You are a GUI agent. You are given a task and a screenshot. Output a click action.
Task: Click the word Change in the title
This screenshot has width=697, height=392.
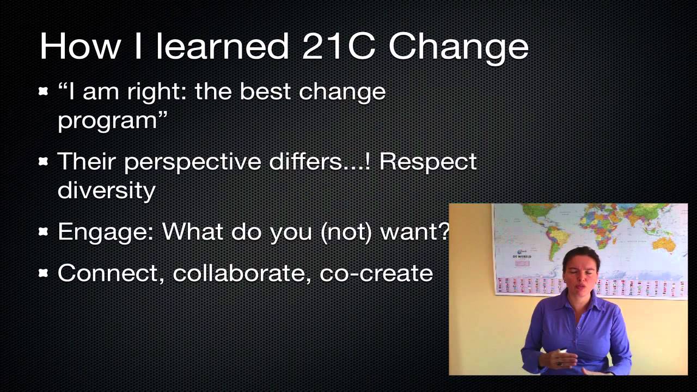458,46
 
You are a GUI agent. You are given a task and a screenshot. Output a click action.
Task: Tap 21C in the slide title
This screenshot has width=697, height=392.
338,46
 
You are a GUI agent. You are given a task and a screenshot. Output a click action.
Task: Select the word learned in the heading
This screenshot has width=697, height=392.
222,46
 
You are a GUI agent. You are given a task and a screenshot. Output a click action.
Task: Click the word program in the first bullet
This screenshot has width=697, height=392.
107,120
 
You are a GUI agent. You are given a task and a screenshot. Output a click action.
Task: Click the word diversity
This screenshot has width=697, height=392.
106,191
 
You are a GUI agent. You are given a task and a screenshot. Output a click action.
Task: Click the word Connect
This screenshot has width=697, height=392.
111,273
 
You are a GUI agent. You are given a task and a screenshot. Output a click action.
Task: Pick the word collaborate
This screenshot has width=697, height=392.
242,273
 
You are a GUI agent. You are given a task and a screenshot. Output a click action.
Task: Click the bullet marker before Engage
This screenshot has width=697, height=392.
44,232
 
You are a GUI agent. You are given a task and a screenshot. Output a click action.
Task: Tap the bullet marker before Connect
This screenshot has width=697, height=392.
44,273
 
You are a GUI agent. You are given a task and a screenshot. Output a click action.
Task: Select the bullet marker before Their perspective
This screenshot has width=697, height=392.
44,162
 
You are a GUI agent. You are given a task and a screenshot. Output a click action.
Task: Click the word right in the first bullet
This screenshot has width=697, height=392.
150,93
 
